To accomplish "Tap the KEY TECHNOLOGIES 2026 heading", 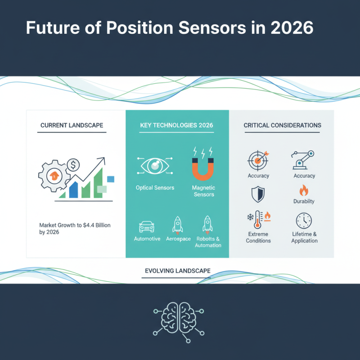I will click(177, 125).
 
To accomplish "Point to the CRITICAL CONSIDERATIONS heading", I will click(282, 125).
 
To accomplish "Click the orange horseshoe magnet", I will click(203, 169).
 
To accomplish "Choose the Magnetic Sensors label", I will click(203, 191).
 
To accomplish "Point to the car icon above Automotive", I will click(147, 226).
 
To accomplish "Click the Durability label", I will click(304, 201).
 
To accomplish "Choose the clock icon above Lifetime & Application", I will click(304, 221).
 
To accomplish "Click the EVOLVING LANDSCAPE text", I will click(178, 271).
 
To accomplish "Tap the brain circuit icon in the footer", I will click(179, 318).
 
